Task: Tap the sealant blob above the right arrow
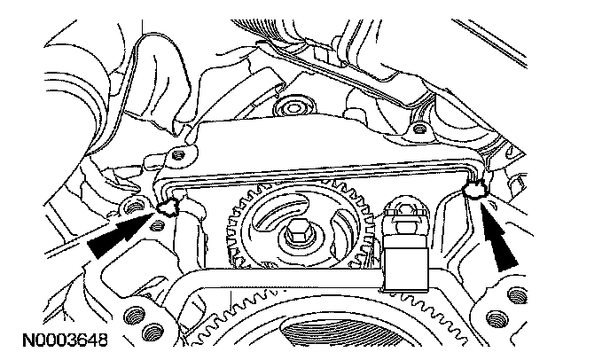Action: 480,187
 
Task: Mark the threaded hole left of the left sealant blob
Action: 136,208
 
